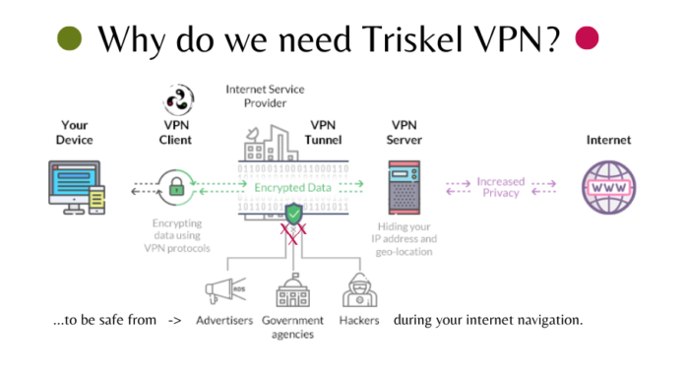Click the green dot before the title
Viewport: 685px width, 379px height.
click(69, 38)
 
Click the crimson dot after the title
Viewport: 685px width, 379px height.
click(588, 37)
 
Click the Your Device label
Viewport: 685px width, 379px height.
click(76, 133)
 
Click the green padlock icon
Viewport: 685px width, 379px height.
click(178, 186)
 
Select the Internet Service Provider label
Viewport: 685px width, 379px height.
click(267, 95)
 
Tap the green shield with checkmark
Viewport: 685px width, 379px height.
click(294, 214)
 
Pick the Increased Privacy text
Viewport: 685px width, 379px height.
click(500, 187)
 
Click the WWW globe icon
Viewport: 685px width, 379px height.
click(609, 186)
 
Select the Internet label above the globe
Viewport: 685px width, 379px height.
click(609, 140)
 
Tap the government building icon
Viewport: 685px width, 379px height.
click(293, 291)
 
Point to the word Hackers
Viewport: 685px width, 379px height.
click(358, 321)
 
